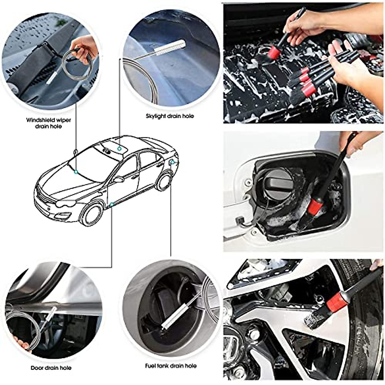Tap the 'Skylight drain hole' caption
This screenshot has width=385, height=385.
(170, 116)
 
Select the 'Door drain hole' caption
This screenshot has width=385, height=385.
(51, 368)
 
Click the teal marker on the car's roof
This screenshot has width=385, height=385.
(119, 148)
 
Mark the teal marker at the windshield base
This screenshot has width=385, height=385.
(76, 172)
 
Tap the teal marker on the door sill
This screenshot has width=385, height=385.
(111, 204)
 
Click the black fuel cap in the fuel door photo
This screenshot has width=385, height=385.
(274, 182)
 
